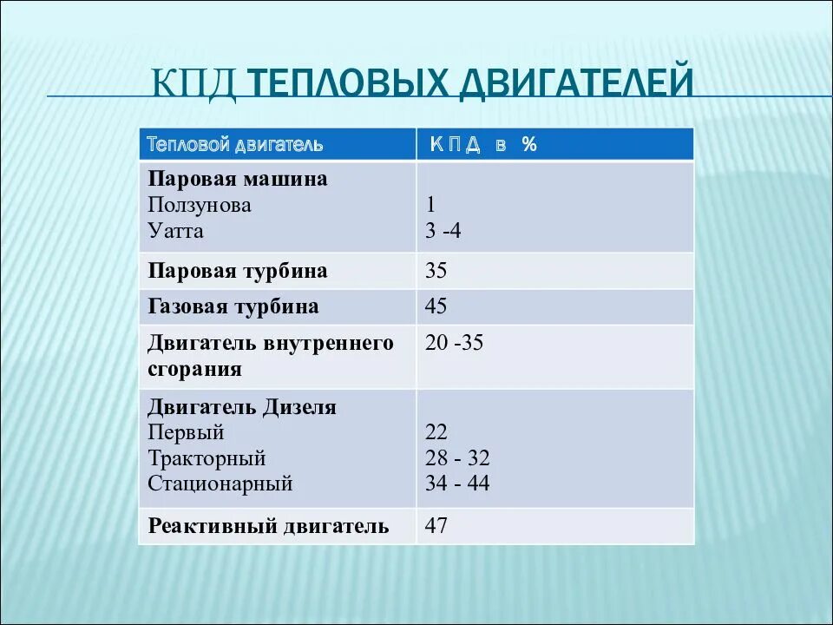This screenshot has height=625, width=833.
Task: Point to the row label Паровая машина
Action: [x=237, y=179]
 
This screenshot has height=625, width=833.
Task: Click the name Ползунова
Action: [x=199, y=206]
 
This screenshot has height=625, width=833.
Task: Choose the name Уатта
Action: [x=175, y=232]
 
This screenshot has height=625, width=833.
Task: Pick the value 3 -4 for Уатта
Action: [x=444, y=232]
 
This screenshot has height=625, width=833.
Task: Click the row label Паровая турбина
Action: [x=237, y=271]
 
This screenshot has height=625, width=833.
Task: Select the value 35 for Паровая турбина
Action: [x=436, y=271]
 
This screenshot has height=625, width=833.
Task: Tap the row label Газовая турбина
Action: [x=233, y=306]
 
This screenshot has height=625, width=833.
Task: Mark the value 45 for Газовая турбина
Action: [x=436, y=306]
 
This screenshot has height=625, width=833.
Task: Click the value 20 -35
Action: [x=454, y=343]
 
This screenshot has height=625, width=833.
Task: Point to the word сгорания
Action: [x=194, y=370]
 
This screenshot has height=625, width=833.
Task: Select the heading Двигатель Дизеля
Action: [x=241, y=407]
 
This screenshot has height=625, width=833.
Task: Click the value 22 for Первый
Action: [x=436, y=432]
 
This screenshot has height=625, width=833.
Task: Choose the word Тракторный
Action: [x=207, y=458]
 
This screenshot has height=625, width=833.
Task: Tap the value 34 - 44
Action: [x=457, y=484]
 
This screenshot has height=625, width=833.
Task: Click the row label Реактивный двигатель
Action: [x=268, y=526]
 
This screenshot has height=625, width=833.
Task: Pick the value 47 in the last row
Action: [x=436, y=526]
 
